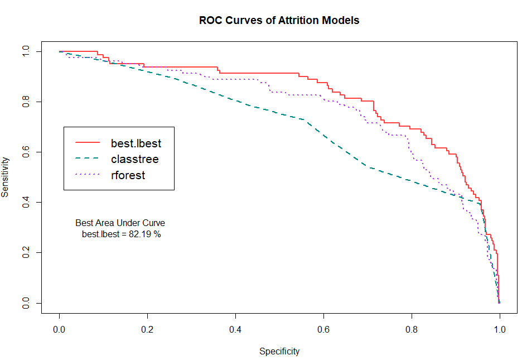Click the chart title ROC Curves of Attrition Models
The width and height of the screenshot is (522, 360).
pyautogui.click(x=279, y=21)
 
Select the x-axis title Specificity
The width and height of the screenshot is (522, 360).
pyautogui.click(x=279, y=352)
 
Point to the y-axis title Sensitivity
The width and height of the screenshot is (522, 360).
pyautogui.click(x=6, y=177)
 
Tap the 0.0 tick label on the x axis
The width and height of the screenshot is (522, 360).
pyautogui.click(x=59, y=330)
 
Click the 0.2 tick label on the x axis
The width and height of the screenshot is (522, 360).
pyautogui.click(x=147, y=330)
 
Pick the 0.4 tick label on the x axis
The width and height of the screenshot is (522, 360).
pyautogui.click(x=235, y=330)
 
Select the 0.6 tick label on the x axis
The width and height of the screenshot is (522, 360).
pyautogui.click(x=323, y=330)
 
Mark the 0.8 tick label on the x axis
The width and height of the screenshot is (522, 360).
pyautogui.click(x=412, y=330)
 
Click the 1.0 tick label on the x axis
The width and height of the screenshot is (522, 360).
pyautogui.click(x=500, y=330)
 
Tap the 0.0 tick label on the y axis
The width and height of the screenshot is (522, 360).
pyautogui.click(x=25, y=303)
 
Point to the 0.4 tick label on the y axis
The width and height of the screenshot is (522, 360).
pyautogui.click(x=25, y=202)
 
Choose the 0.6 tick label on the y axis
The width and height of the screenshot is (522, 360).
pyautogui.click(x=25, y=152)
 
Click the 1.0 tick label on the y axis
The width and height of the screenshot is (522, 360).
pyautogui.click(x=25, y=51)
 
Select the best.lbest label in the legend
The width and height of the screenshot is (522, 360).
pyautogui.click(x=136, y=144)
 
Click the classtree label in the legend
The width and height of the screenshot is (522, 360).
pyautogui.click(x=134, y=160)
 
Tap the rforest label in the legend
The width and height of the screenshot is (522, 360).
pyautogui.click(x=128, y=175)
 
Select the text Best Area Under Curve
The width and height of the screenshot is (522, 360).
pyautogui.click(x=120, y=223)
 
